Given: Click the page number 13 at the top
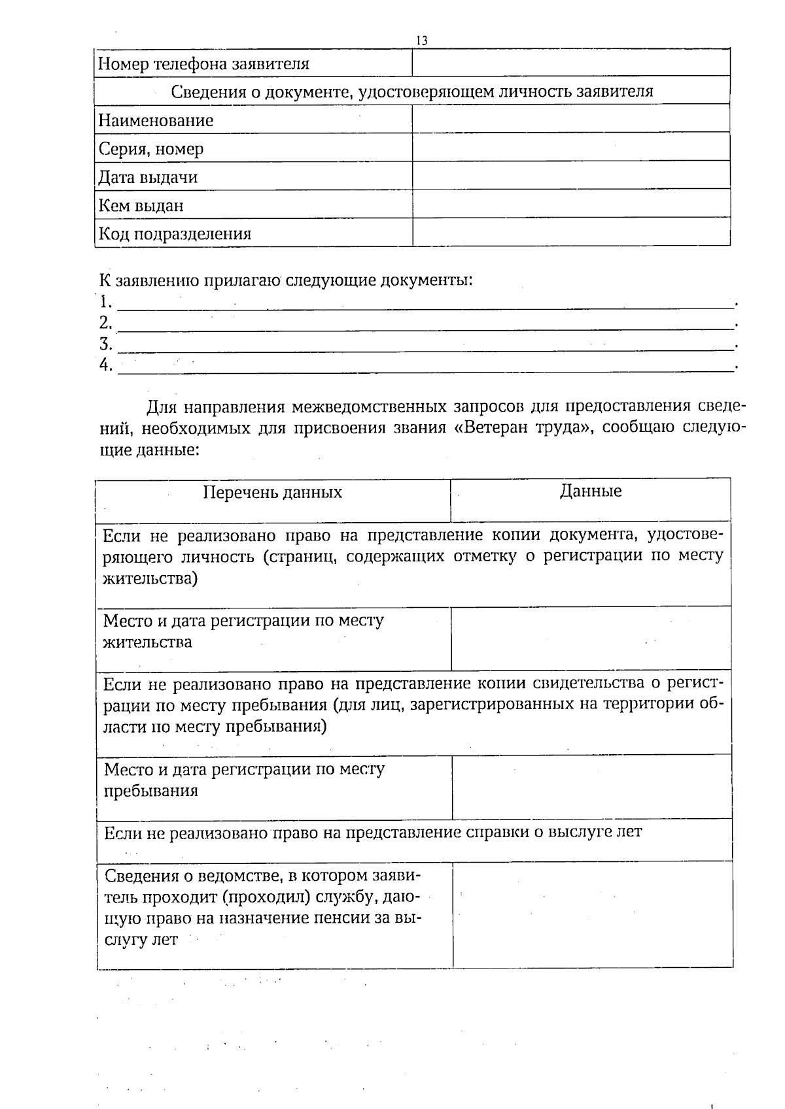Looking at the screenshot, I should coord(421,41).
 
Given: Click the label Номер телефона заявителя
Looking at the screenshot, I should coord(203,64).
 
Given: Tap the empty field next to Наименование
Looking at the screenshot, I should coord(570,119).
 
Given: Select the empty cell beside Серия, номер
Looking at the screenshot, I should coord(570,148).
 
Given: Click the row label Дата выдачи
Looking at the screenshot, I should coord(148,177).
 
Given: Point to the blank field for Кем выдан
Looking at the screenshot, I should coord(570,205).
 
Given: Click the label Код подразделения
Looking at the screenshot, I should coord(175,234).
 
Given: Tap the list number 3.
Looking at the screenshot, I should coord(105,344).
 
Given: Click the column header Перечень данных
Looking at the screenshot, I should coord(272,492).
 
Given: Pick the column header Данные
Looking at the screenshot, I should coord(591,491).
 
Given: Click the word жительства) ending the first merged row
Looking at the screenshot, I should coord(150,578).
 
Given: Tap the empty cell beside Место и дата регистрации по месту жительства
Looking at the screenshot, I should coord(590,638).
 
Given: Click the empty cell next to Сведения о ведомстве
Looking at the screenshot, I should coord(592,914).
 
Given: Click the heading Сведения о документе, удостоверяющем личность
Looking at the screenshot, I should coord(412,91).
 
